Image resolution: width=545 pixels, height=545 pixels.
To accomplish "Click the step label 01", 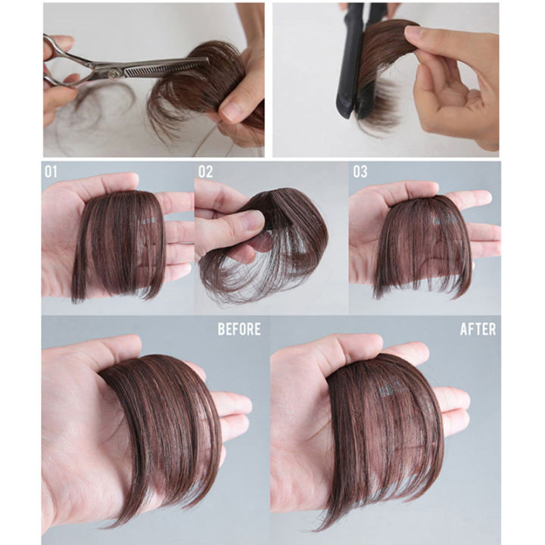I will tap(51, 172).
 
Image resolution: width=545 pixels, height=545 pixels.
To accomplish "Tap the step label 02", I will tap(206, 172).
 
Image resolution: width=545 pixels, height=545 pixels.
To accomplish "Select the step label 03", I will tap(360, 172).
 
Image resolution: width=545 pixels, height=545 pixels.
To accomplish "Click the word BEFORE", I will tap(238, 329).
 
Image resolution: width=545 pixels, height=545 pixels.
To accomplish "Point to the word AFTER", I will tap(478, 329).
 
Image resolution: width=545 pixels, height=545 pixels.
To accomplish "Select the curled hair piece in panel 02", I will tap(272, 242).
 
